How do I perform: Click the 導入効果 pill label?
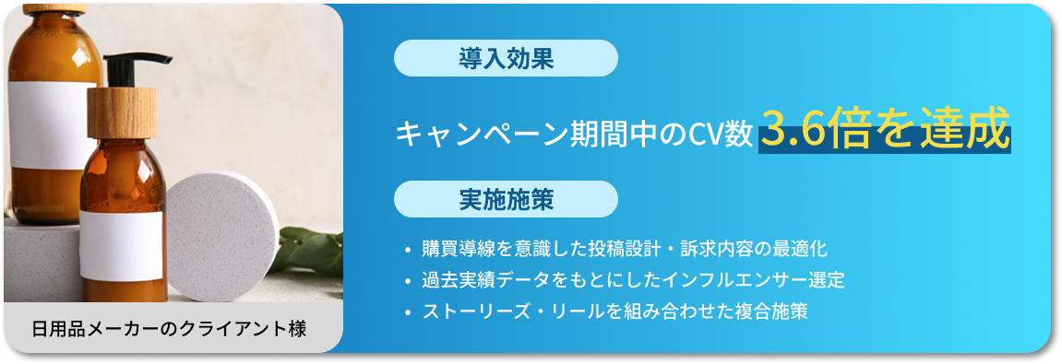tap(505, 58)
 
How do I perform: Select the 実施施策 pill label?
tap(505, 199)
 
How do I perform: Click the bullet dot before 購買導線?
tap(407, 251)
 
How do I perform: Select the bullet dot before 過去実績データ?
tap(407, 281)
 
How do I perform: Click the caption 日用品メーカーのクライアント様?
tap(169, 328)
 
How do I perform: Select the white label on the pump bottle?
tap(122, 244)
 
